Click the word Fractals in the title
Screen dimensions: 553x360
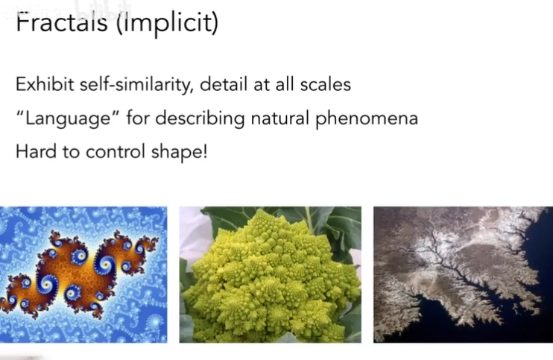coord(62,22)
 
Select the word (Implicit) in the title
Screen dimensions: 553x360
coord(168,22)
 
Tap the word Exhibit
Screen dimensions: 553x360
coord(45,84)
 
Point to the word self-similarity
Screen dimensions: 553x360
coord(136,85)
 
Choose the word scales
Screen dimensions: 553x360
coord(325,85)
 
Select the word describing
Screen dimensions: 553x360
coord(200,119)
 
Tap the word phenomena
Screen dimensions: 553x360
coord(367,119)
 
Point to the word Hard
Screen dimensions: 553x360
coord(36,151)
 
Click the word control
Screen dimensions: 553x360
coord(116,152)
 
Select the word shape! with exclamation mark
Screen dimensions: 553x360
coord(179,152)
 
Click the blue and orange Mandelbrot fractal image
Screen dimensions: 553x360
coord(83,274)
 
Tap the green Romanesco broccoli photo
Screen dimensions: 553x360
coord(270,274)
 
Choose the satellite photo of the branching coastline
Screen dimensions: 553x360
coord(463,274)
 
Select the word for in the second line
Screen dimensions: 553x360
coord(138,118)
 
